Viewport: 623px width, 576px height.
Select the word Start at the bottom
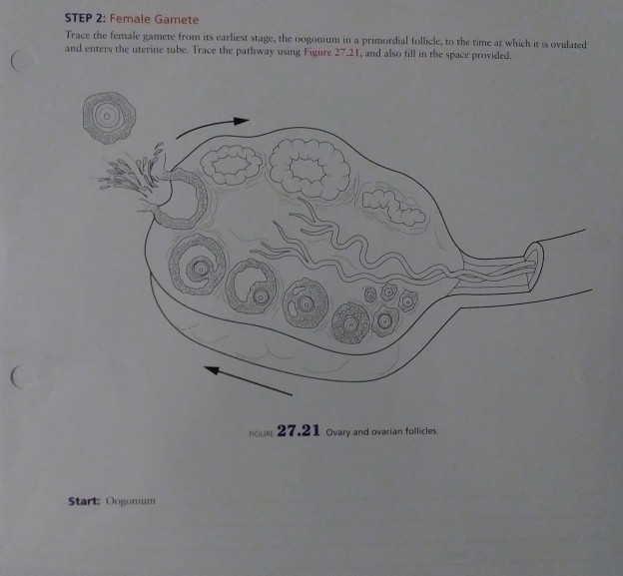pos(75,500)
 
